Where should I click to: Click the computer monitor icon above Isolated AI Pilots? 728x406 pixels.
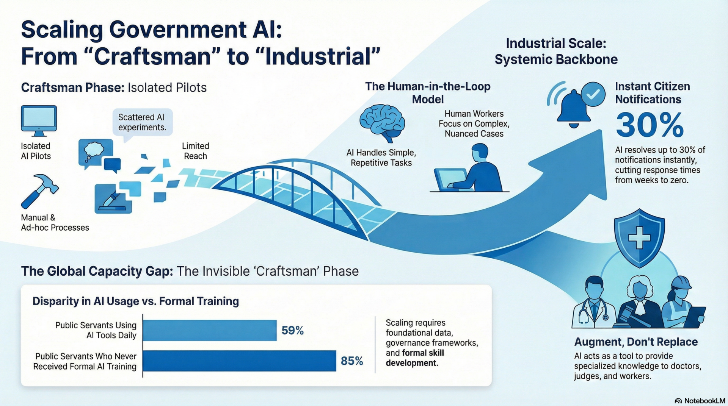(x=39, y=121)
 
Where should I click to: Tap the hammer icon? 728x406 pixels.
(x=39, y=191)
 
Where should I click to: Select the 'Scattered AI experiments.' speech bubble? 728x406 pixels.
(x=143, y=122)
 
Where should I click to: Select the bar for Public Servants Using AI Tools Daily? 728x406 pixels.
(x=210, y=330)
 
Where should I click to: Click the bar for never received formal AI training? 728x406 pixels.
(x=240, y=361)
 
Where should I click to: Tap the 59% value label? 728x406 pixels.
(x=293, y=331)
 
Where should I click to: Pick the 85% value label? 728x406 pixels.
(x=352, y=361)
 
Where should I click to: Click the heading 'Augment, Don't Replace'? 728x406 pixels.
(x=636, y=342)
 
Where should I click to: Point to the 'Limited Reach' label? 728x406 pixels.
(x=195, y=151)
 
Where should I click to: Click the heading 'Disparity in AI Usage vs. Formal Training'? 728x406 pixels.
(x=136, y=301)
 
